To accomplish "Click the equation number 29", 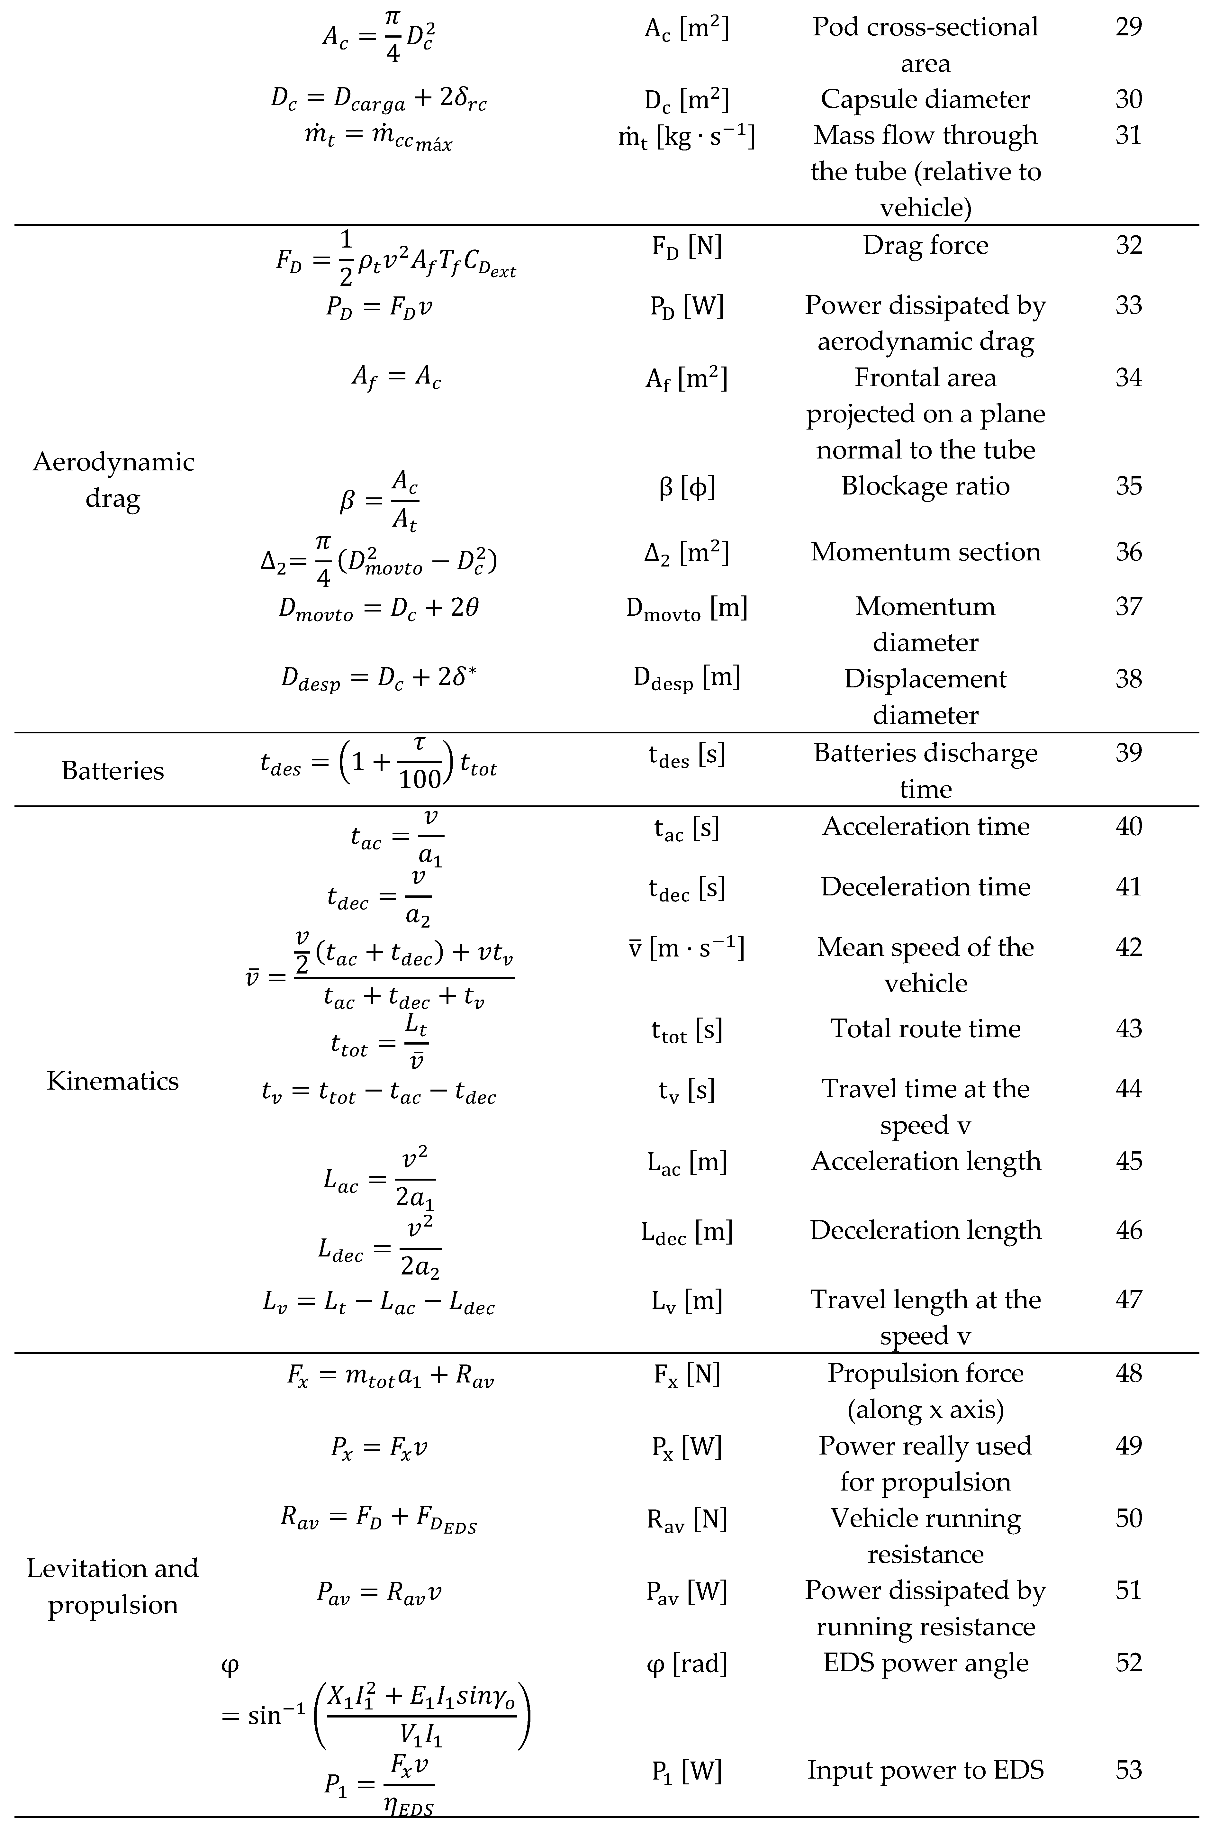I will coord(1128,27).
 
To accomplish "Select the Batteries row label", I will coord(113,771).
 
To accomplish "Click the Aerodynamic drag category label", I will coord(113,480).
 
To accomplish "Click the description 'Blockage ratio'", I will coord(925,486).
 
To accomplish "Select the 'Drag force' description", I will coord(925,245).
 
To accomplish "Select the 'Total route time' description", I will coord(925,1029).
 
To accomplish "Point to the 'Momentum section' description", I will coord(925,552).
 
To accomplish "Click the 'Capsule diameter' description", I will coord(925,100).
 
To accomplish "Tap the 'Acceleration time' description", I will coord(925,826).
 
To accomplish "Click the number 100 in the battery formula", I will coord(420,779).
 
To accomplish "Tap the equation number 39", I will coord(1128,752).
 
